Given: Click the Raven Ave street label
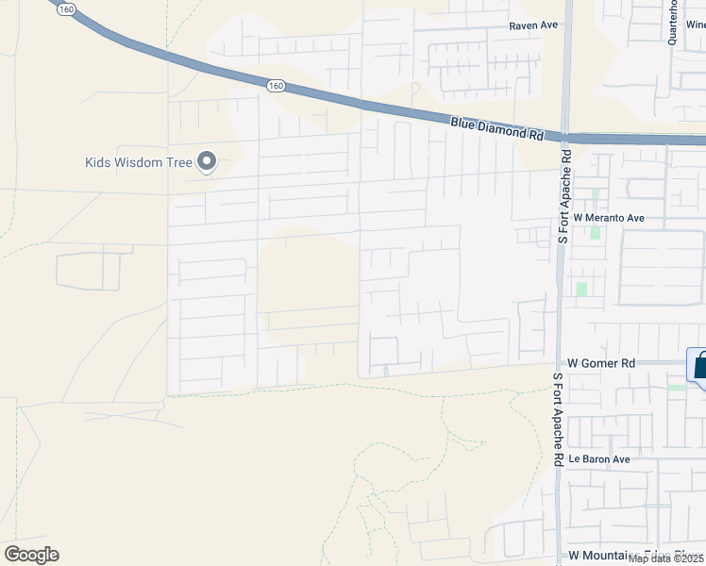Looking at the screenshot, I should click(534, 26).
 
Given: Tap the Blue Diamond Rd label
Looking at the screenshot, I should click(497, 128).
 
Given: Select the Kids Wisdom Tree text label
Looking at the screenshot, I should click(138, 162).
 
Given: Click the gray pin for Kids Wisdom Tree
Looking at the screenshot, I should click(207, 162).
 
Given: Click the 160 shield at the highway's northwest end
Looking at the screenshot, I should click(65, 8).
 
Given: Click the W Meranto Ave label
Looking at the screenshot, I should click(615, 218).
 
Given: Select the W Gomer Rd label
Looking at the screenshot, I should click(601, 362).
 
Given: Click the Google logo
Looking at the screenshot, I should click(31, 555).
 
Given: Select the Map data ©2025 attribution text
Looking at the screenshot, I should click(666, 558).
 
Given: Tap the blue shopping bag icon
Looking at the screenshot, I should click(699, 367).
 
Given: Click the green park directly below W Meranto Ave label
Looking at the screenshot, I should click(595, 231).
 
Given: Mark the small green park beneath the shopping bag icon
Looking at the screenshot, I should click(677, 387).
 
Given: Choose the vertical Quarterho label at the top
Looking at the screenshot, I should click(673, 21).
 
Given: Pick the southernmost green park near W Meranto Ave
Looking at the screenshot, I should click(581, 289).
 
